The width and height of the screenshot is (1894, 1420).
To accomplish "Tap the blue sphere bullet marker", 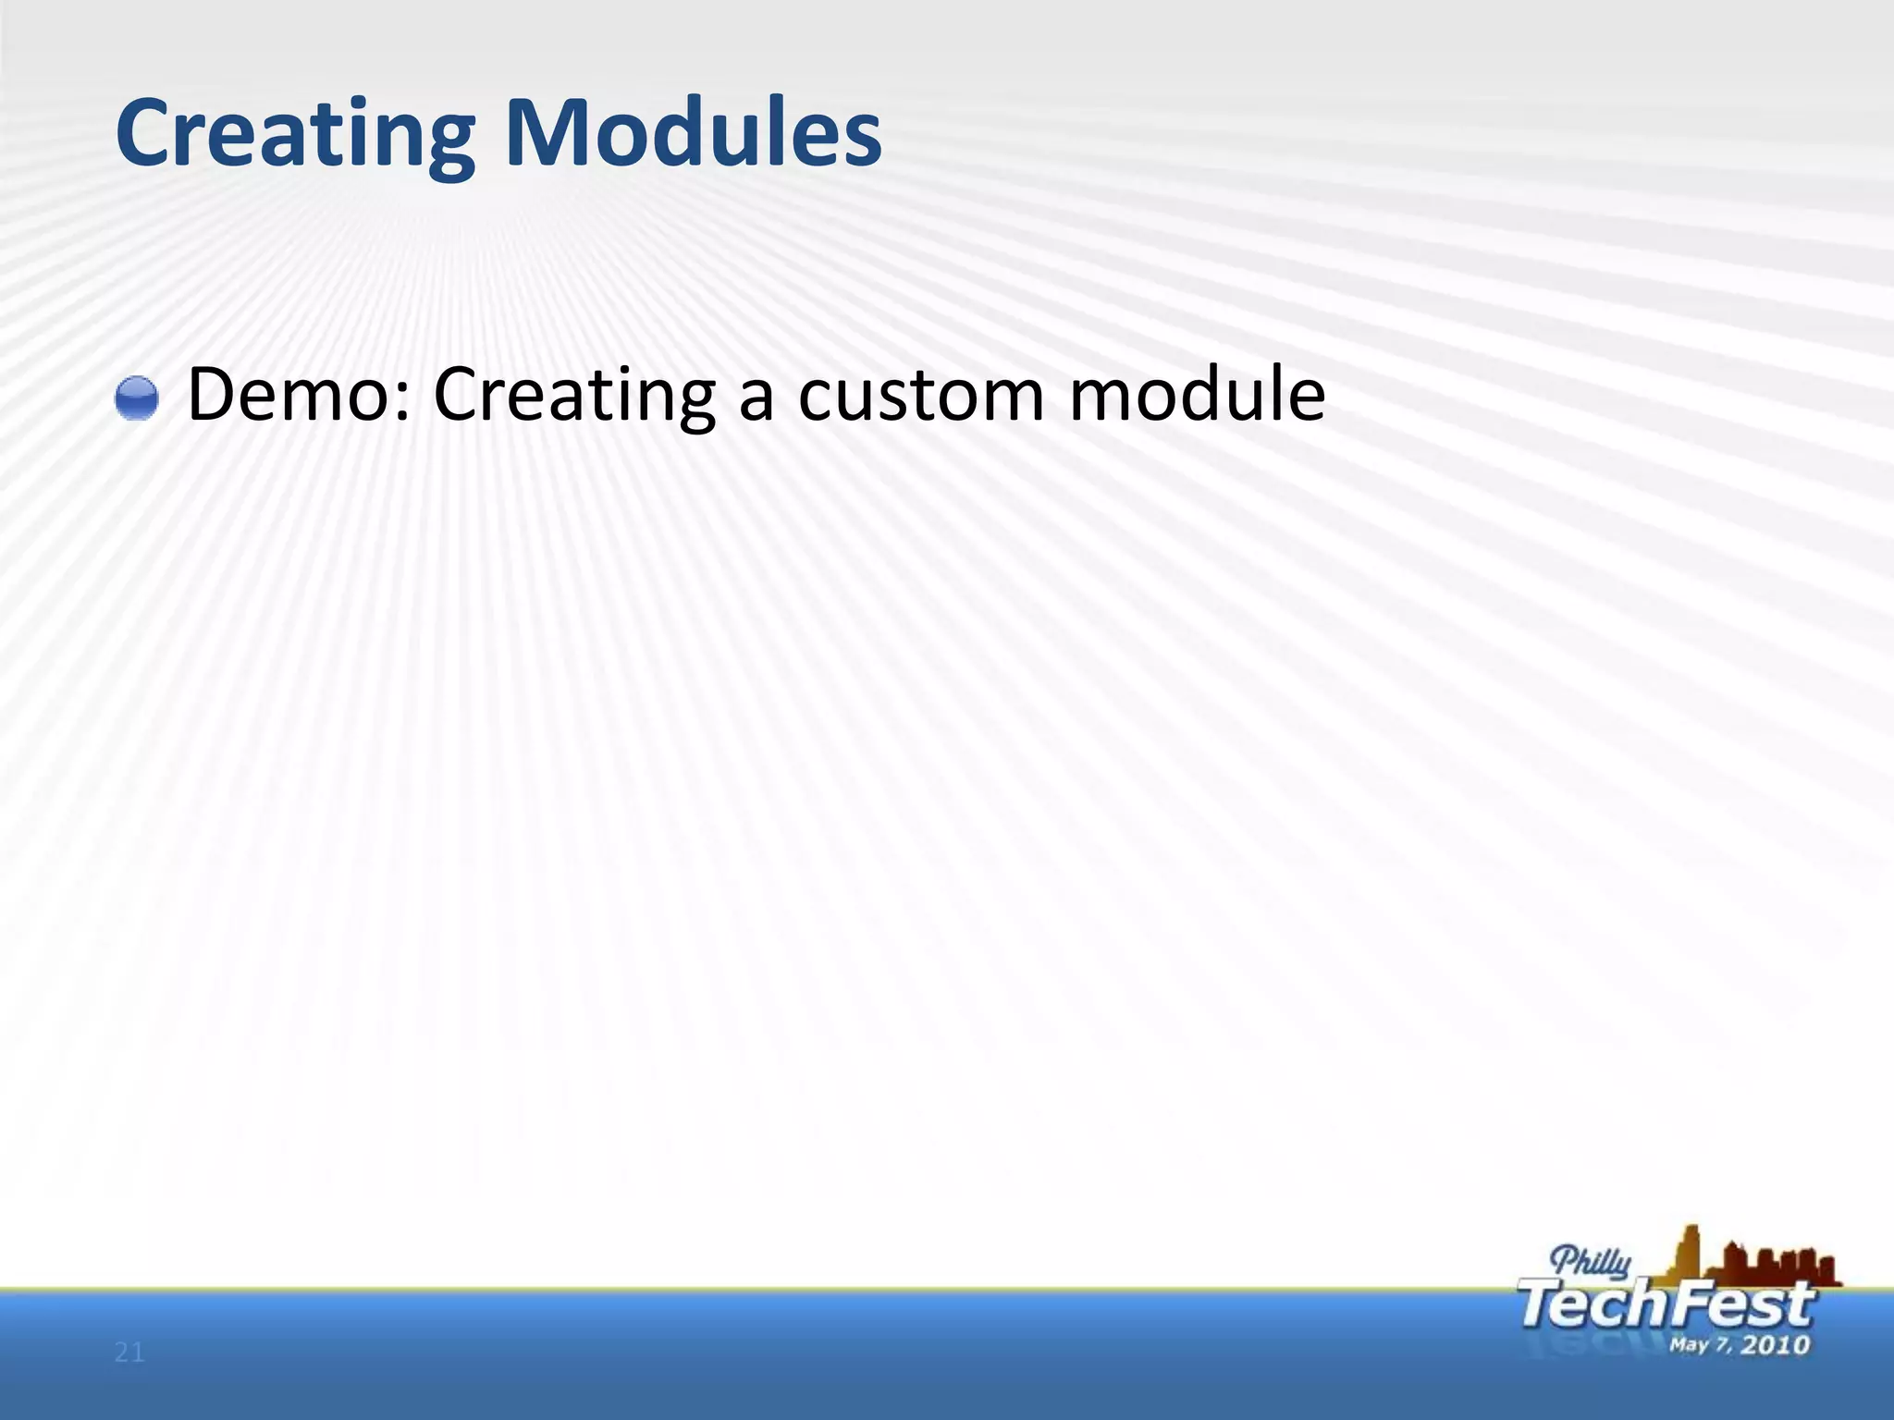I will click(137, 398).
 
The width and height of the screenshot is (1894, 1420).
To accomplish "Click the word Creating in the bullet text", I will click(573, 396).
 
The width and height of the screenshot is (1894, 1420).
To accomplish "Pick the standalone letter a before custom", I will click(756, 403).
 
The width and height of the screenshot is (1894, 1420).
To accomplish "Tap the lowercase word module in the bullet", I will click(1197, 395).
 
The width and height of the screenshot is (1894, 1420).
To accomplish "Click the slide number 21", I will click(129, 1353).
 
